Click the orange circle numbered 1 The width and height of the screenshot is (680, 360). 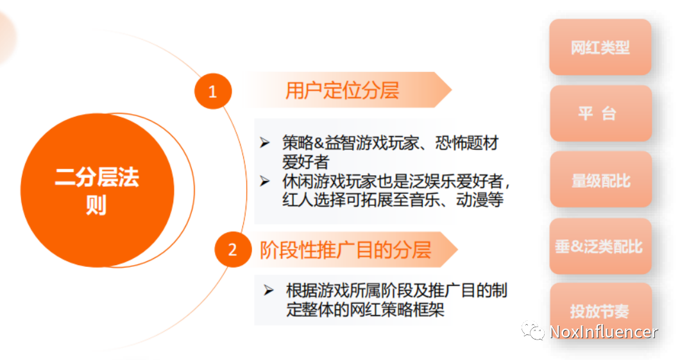point(212,91)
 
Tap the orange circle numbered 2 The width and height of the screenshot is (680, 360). point(233,249)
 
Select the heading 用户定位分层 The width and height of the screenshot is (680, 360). point(342,90)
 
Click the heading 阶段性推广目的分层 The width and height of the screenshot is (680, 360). point(345,250)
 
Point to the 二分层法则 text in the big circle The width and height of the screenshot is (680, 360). point(97,191)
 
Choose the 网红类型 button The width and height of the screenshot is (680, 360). point(600,47)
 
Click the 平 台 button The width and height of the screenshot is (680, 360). point(600,113)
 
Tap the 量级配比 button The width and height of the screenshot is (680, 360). point(600,180)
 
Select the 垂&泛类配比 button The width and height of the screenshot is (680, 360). point(600,246)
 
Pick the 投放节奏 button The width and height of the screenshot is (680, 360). point(600,310)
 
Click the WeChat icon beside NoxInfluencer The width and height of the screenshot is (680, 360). point(532,331)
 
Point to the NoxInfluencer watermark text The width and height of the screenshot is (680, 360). point(603,332)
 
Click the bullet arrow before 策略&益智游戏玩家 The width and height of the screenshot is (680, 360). point(264,142)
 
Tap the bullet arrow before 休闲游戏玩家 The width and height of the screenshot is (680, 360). point(264,181)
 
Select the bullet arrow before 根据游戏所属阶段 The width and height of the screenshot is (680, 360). point(268,290)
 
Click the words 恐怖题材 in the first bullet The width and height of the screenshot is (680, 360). point(467,142)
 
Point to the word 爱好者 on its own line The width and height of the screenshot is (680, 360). point(306,162)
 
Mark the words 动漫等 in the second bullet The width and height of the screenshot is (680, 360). point(480,200)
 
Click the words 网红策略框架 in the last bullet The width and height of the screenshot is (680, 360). point(397,309)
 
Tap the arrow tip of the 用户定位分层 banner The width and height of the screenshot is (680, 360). point(452,90)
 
